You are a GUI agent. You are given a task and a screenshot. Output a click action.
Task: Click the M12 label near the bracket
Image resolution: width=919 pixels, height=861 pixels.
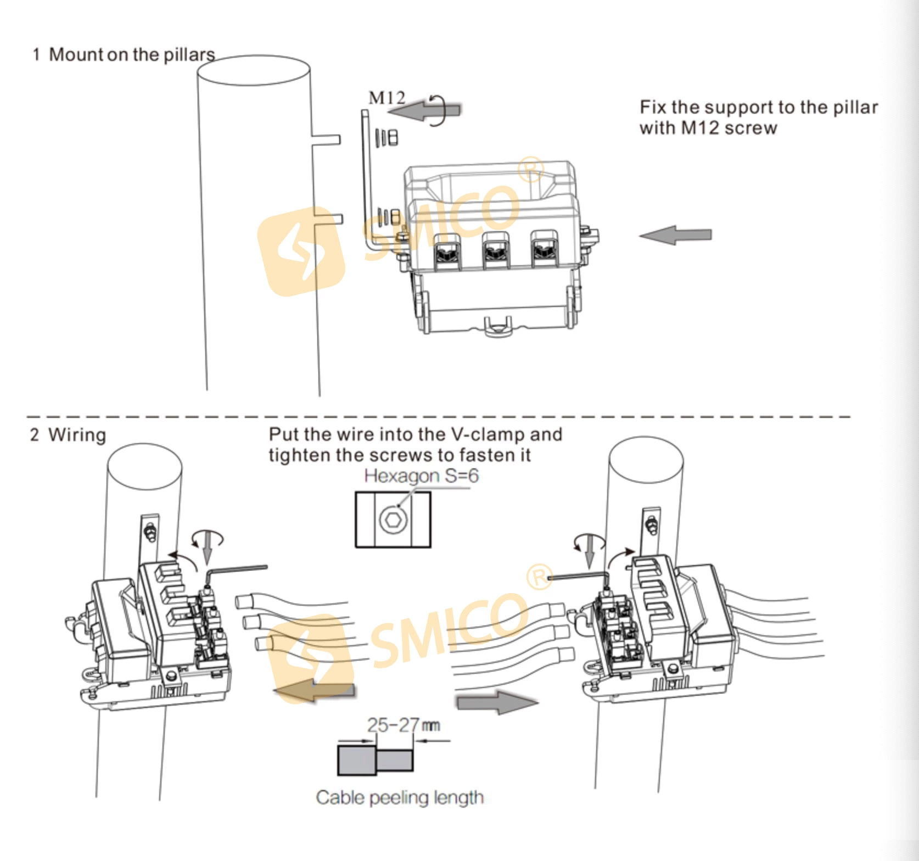point(386,98)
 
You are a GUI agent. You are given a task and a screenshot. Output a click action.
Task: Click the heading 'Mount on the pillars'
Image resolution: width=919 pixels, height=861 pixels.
point(132,54)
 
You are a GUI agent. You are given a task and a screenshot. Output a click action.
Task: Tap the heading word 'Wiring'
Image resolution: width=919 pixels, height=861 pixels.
point(77,435)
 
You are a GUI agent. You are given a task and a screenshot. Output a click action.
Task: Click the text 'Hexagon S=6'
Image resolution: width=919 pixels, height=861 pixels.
point(421,476)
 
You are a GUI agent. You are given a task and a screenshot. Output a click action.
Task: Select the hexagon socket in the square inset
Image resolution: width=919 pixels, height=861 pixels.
point(393,519)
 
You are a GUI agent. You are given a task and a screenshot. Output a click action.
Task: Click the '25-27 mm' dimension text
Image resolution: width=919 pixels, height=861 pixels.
point(403,725)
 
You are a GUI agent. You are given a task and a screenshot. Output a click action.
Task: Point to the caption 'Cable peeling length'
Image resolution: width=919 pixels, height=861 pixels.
point(400,797)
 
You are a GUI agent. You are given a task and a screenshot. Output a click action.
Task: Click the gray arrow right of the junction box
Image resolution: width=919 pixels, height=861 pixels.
point(676,235)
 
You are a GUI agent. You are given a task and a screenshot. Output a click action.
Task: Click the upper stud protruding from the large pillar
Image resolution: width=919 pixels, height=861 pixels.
point(326,139)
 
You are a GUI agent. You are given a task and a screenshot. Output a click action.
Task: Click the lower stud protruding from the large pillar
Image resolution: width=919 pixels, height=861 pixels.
point(328,219)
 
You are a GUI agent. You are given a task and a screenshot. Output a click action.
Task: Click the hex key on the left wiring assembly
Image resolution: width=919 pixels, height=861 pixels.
point(236,571)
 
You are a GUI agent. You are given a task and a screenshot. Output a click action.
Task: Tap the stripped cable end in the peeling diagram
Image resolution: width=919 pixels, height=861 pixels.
point(395,760)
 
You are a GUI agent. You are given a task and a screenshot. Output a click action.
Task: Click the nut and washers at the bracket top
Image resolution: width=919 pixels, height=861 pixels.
point(387,137)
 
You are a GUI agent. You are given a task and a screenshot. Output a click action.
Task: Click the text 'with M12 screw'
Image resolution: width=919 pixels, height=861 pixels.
point(708,128)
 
